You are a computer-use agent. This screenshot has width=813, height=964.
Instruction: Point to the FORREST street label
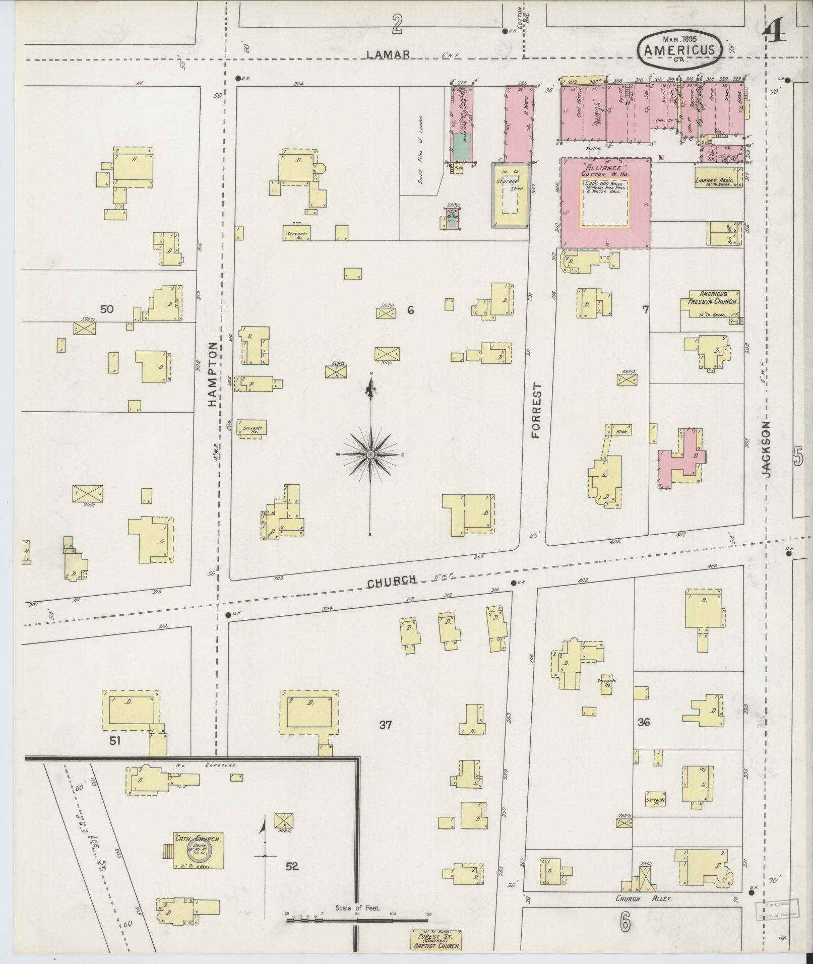536,410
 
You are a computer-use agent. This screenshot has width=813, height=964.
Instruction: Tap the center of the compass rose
370,455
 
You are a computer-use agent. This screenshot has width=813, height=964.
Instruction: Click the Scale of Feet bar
357,920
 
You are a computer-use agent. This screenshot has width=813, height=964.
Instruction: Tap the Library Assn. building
718,180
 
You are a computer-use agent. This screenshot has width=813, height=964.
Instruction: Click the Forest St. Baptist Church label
436,940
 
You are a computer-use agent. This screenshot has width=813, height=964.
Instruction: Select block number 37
386,725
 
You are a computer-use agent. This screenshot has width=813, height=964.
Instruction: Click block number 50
107,309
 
